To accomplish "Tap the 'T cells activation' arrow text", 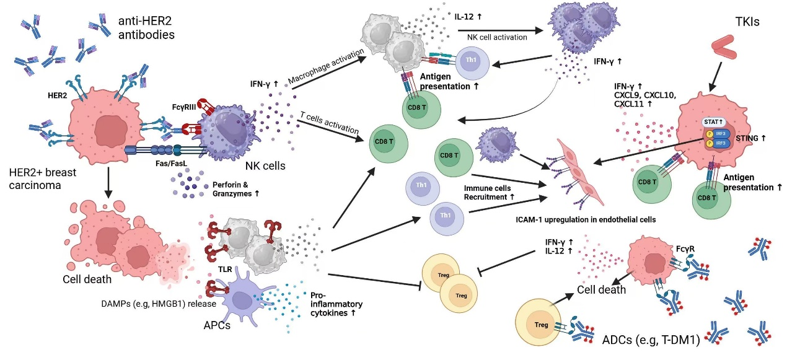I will click(330, 122).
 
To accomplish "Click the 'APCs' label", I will click(214, 325).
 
